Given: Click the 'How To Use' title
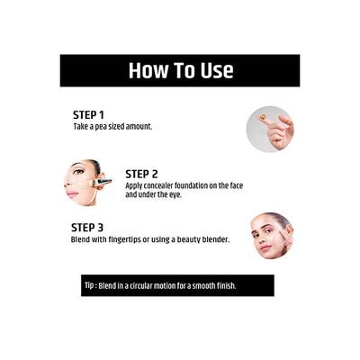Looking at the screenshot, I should click(180, 70).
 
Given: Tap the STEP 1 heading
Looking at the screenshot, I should click(88, 115).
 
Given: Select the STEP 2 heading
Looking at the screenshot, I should click(142, 174).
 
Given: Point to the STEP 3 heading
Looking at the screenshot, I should click(88, 229).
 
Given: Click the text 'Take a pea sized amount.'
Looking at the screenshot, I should click(112, 127).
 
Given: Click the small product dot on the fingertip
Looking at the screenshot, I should click(262, 116).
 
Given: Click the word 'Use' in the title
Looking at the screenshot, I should click(213, 70).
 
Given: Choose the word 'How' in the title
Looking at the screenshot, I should click(146, 70).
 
